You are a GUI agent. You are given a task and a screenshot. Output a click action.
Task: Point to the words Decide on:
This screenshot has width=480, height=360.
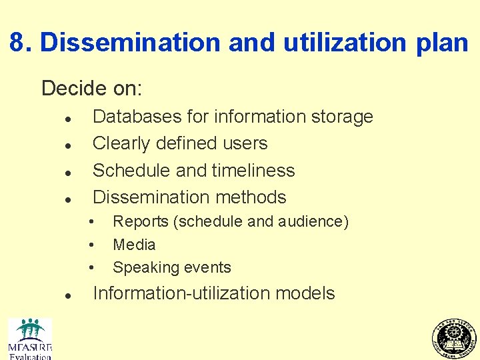[92, 88]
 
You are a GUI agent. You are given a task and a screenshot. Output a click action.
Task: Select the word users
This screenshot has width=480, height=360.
[245, 143]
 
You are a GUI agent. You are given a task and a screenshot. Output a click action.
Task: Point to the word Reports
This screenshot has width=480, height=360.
[141, 221]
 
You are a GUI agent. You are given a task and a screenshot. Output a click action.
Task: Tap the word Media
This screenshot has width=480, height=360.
[134, 245]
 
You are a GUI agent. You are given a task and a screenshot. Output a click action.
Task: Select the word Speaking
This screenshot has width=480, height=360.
[141, 268]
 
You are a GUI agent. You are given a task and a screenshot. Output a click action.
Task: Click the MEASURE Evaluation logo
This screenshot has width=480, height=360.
[30, 339]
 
